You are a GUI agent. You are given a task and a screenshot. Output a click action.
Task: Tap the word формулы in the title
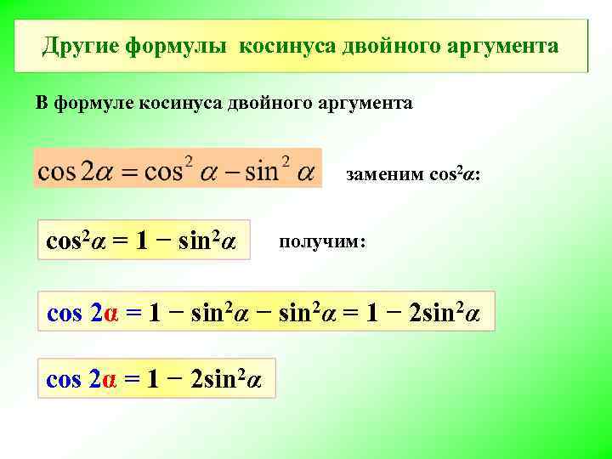click(x=177, y=45)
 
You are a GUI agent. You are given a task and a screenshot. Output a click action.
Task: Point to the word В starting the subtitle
click(x=41, y=104)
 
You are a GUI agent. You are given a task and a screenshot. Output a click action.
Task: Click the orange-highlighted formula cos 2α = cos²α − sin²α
click(x=177, y=171)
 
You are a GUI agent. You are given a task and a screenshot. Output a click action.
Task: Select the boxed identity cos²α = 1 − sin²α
click(x=139, y=241)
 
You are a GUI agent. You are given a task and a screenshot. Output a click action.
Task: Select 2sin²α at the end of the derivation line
click(x=445, y=312)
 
